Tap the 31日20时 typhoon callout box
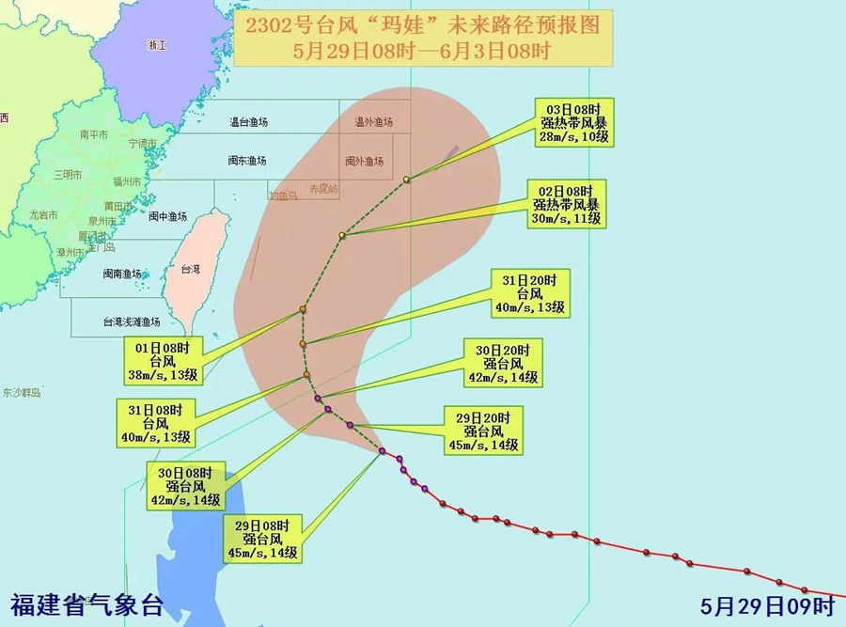(x=530, y=294)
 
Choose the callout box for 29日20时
(x=485, y=431)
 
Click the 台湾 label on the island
(x=191, y=270)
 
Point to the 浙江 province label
(x=156, y=45)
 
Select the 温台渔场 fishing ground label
(x=249, y=122)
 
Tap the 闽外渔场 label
(x=364, y=162)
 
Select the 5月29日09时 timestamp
(x=768, y=604)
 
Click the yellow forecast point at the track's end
(x=407, y=180)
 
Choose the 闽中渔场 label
(x=167, y=216)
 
